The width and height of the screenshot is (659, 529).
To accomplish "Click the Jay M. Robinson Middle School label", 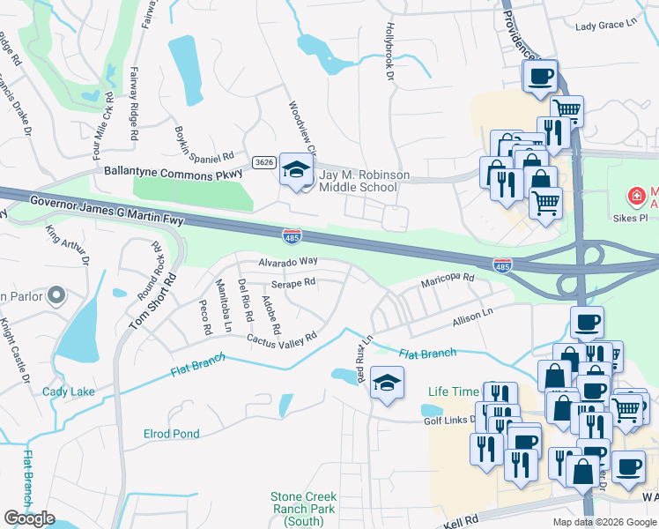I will pyautogui.click(x=364, y=181).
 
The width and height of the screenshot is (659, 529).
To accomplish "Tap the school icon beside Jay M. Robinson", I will pyautogui.click(x=296, y=169).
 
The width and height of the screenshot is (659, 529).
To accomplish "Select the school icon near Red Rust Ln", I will pyautogui.click(x=386, y=383).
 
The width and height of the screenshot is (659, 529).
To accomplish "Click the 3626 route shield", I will pyautogui.click(x=263, y=162).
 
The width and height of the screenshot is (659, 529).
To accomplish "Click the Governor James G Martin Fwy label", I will pyautogui.click(x=106, y=212).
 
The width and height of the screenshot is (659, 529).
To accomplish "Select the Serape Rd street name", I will pyautogui.click(x=292, y=283).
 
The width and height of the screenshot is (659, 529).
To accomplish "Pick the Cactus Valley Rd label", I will pyautogui.click(x=281, y=339).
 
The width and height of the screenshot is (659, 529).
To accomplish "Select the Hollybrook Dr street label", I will pyautogui.click(x=388, y=52).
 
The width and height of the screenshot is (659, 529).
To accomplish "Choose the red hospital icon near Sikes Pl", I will pyautogui.click(x=633, y=195).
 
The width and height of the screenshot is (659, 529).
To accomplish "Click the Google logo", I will pyautogui.click(x=29, y=518).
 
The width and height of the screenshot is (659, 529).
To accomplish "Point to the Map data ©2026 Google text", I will pyautogui.click(x=603, y=522).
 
